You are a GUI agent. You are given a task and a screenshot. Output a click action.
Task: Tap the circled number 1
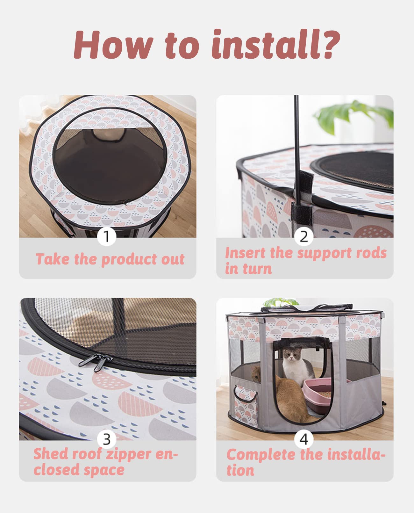pos(107,237)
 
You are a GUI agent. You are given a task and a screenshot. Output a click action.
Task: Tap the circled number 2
pos(304,237)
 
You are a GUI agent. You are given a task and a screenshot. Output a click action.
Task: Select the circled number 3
pos(107,439)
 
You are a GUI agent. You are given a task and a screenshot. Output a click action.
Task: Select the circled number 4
pos(304,439)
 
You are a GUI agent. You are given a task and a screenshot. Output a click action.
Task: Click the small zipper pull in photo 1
pos(125,203)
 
